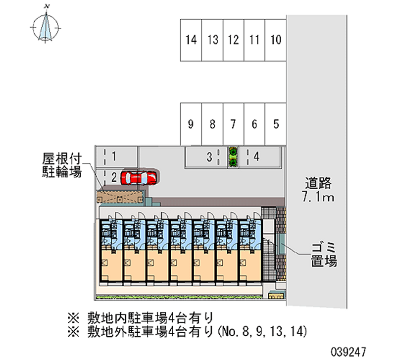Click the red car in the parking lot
click(x=140, y=177)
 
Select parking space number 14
click(x=191, y=40)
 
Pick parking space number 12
click(x=234, y=40)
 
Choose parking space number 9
click(x=191, y=124)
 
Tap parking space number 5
click(x=276, y=124)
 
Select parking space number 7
click(x=233, y=124)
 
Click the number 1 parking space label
click(x=114, y=157)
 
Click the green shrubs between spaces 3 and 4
click(x=232, y=157)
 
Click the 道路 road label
click(x=317, y=183)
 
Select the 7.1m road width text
click(x=317, y=198)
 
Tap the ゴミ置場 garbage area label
click(x=324, y=255)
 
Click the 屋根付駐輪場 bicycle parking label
click(x=61, y=165)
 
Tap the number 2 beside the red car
click(x=114, y=177)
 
